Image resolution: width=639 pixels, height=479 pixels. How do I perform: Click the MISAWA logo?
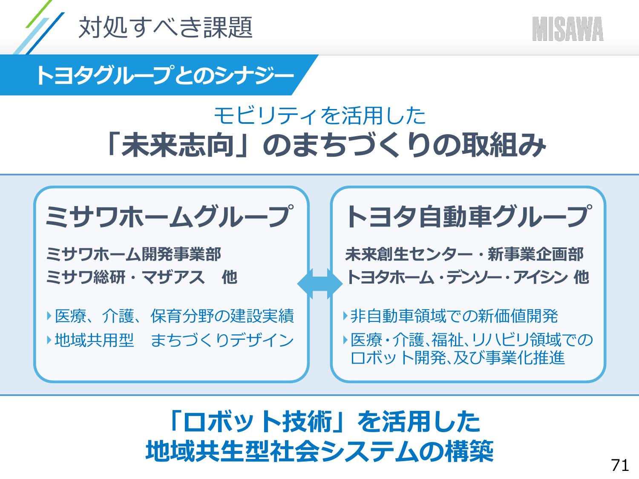click(x=567, y=29)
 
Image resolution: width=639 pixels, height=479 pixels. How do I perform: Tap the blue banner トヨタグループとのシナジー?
click(x=164, y=76)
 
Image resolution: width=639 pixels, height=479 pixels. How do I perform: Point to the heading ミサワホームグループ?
click(x=170, y=217)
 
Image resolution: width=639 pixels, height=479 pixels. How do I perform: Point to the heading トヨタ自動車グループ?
click(x=468, y=217)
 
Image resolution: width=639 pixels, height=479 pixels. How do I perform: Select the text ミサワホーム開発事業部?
click(x=134, y=255)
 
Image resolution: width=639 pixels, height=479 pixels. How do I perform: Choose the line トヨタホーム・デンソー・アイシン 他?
click(x=467, y=278)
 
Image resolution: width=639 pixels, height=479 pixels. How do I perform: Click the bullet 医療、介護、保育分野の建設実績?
click(x=174, y=316)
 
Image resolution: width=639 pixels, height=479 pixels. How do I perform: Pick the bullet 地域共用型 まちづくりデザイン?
click(x=174, y=340)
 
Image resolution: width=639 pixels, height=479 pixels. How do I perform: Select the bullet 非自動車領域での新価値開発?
click(x=454, y=316)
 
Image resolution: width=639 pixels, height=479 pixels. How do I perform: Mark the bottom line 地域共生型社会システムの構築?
click(x=319, y=451)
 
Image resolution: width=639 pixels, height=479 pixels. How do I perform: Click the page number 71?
click(x=620, y=465)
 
